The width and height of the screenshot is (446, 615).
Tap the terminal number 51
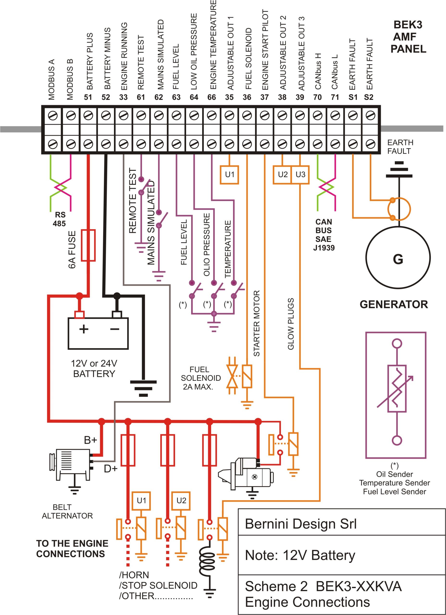tap(88, 97)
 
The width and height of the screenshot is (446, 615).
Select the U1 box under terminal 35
tap(229, 175)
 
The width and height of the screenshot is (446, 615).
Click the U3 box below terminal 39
tap(300, 175)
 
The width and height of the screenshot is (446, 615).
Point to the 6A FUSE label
tap(72, 249)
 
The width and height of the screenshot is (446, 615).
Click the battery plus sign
tap(84, 329)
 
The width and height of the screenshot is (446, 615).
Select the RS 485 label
tap(60, 219)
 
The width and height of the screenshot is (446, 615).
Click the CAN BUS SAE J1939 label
tap(324, 234)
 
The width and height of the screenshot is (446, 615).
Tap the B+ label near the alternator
tap(90, 440)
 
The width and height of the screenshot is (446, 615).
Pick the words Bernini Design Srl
tap(301, 524)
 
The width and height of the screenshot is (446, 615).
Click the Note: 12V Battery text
tap(300, 555)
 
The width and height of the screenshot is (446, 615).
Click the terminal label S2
tap(369, 97)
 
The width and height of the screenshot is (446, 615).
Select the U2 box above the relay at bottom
tap(181, 500)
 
